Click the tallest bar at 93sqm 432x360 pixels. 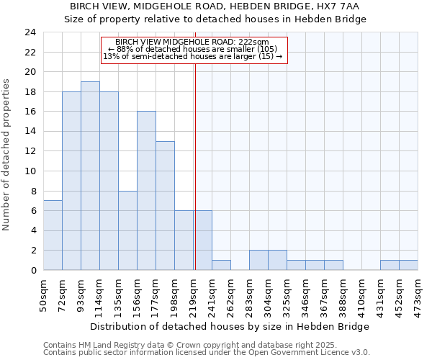tap(90, 176)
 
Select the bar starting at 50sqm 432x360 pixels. tap(53, 235)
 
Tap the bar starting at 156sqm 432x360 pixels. tap(146, 191)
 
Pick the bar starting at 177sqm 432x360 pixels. tap(165, 205)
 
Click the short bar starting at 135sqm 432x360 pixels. tap(127, 230)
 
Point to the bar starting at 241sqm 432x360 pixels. tap(221, 265)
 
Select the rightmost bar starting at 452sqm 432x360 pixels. tap(408, 265)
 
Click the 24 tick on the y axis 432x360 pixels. tap(30, 32)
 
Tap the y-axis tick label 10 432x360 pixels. tap(30, 171)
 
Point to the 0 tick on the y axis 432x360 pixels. tap(32, 270)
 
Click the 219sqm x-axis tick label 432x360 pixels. tap(193, 294)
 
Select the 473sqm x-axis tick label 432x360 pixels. tap(418, 294)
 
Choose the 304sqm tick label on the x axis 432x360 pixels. tap(268, 294)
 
